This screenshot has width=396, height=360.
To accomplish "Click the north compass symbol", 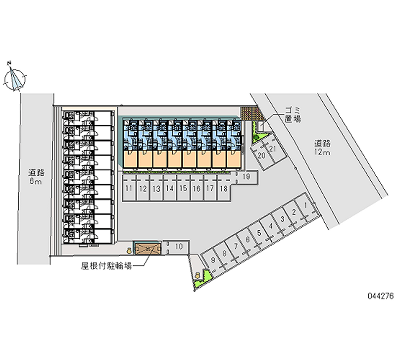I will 15,78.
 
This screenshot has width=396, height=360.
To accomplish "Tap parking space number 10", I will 179,246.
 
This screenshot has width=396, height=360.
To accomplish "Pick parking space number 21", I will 273,149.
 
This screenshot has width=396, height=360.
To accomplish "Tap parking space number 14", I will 170,189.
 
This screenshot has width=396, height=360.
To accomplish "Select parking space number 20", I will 262,155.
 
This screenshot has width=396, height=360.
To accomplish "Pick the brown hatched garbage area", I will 248,113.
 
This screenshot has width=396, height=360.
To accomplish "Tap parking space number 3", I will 282,219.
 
